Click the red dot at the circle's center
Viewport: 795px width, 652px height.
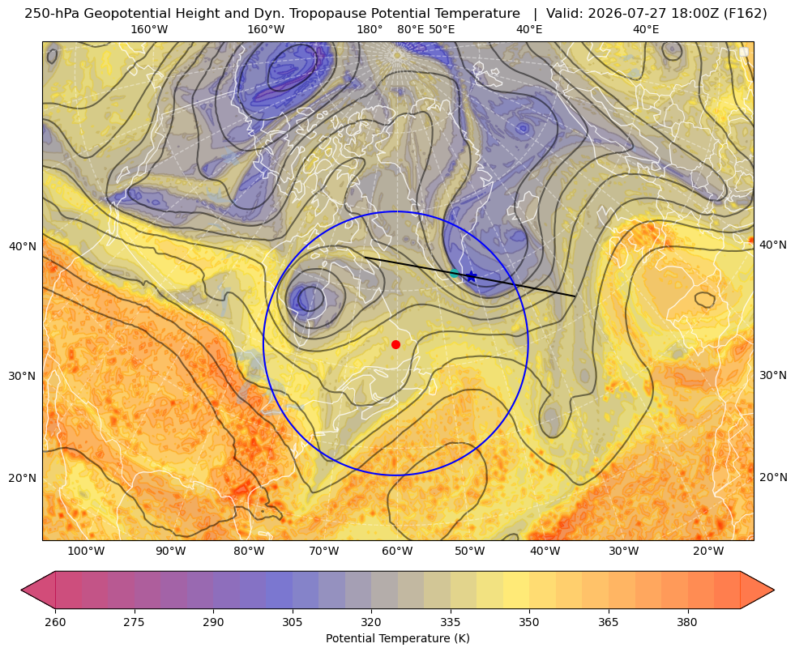tap(396, 344)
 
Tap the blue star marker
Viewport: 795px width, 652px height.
tap(472, 276)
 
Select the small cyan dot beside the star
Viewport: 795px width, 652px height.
tap(455, 274)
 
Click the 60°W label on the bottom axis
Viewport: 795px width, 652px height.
tap(397, 551)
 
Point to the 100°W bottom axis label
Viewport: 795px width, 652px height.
tap(86, 551)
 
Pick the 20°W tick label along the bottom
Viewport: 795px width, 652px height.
tap(708, 551)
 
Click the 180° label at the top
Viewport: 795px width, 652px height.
tap(370, 29)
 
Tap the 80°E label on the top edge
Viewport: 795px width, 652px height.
tap(411, 29)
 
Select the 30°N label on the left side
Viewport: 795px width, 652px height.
tap(23, 376)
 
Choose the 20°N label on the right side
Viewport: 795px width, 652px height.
tap(772, 477)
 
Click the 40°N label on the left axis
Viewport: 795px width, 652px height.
tap(23, 247)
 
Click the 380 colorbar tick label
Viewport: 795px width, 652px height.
tap(687, 621)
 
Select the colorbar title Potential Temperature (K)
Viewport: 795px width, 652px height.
tap(397, 638)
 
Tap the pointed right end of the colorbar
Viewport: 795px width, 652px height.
tap(774, 590)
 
